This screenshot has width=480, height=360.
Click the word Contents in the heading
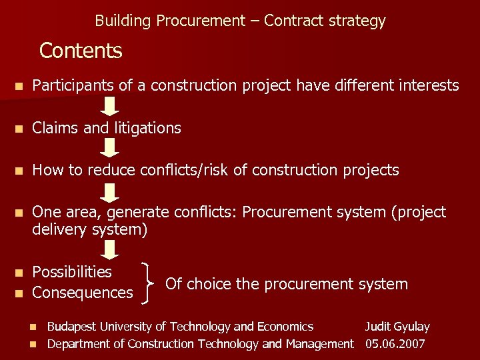pyautogui.click(x=81, y=51)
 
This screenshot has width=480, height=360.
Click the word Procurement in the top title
pyautogui.click(x=200, y=21)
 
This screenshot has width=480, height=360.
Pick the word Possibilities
pyautogui.click(x=72, y=272)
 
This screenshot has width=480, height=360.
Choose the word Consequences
pyautogui.click(x=83, y=293)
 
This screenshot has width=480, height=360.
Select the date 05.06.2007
pyautogui.click(x=395, y=344)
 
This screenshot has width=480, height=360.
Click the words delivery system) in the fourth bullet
pyautogui.click(x=89, y=230)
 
